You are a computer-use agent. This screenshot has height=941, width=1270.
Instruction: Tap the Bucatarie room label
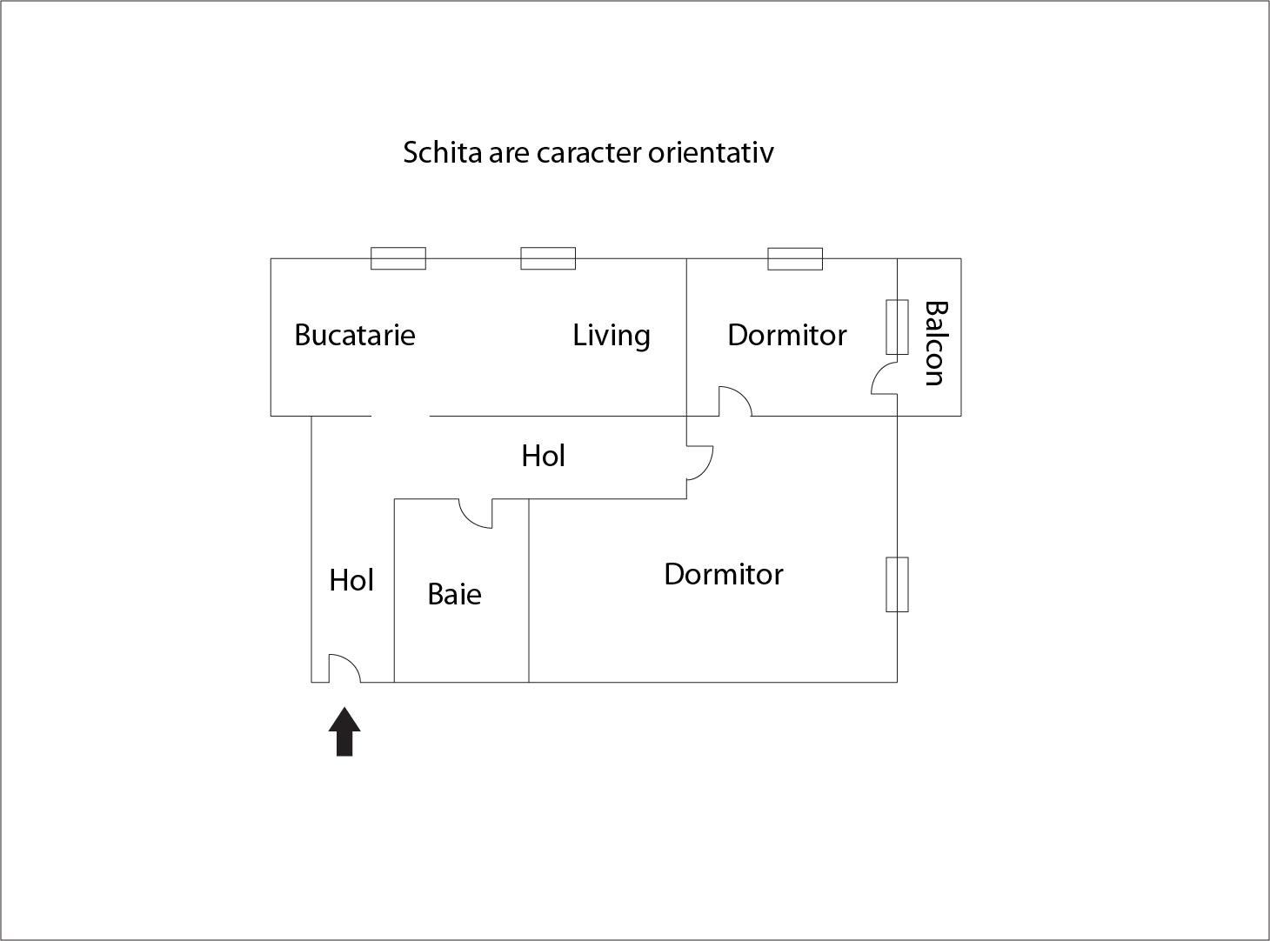(x=355, y=335)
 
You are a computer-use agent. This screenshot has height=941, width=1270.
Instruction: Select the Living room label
(x=612, y=335)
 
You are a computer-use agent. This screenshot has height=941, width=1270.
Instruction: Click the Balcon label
(x=934, y=343)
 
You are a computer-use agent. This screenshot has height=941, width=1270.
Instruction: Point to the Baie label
(x=454, y=594)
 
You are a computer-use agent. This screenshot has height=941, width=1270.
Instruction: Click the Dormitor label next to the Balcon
(x=787, y=335)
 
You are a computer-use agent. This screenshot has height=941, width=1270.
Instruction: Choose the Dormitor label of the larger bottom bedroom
(x=724, y=574)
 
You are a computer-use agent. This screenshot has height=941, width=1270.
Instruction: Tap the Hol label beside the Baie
(x=351, y=580)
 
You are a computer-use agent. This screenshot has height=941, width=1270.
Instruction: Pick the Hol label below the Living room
(x=544, y=456)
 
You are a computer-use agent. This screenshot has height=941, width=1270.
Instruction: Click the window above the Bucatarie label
(x=398, y=258)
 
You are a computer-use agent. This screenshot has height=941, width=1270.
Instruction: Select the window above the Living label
(x=548, y=258)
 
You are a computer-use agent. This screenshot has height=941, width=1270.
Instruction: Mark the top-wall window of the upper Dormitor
(x=795, y=258)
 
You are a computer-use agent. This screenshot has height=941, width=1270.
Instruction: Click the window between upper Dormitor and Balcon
(x=897, y=327)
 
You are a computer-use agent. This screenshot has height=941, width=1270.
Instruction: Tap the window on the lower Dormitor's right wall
(x=897, y=584)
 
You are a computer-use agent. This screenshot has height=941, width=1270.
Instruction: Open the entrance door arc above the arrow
(x=345, y=668)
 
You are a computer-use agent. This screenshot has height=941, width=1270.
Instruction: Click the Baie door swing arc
(x=475, y=514)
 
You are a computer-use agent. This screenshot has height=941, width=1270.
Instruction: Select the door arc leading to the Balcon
(x=884, y=379)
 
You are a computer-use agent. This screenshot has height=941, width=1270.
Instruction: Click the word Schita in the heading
(x=443, y=152)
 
